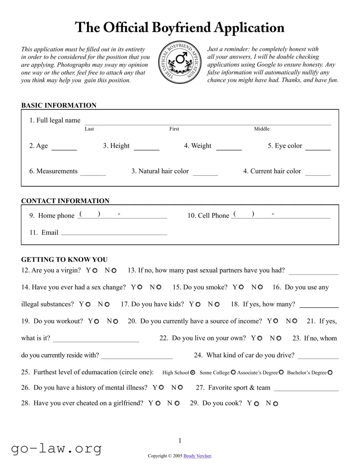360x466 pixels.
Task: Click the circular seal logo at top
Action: [x=180, y=63]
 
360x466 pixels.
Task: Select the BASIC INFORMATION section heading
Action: [x=58, y=105]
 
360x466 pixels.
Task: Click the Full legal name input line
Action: [x=208, y=121]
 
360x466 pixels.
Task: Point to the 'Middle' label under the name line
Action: [x=261, y=129]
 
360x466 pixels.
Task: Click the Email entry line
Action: [x=114, y=233]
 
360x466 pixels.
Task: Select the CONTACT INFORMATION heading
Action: [x=65, y=201]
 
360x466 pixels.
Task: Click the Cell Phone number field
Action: [x=281, y=215]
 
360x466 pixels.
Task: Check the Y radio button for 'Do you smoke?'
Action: [x=242, y=287]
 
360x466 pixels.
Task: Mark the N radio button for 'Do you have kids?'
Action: [x=217, y=304]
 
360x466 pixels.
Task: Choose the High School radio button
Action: [x=192, y=373]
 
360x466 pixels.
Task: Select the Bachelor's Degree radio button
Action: [x=330, y=373]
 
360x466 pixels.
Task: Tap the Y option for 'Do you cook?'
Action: [x=256, y=403]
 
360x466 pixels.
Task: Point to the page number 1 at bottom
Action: [x=180, y=441]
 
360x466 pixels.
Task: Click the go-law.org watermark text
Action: [x=56, y=448]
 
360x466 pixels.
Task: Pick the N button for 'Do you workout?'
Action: [x=116, y=321]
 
